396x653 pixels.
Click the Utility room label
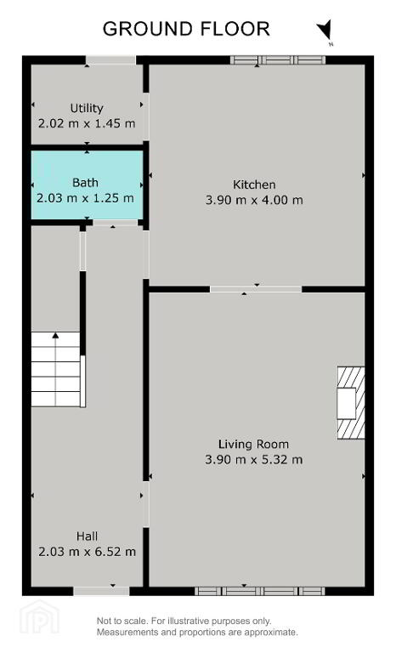87,108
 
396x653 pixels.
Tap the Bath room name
85,183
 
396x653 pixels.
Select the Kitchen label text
254,185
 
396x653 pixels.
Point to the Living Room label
253,445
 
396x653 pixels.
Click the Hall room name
87,536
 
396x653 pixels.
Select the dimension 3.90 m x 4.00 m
254,200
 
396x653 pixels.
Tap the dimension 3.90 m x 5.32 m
254,460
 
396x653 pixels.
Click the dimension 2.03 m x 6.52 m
87,552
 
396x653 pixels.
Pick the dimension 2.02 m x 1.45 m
87,123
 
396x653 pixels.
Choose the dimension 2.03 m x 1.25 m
85,198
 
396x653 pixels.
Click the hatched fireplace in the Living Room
351,403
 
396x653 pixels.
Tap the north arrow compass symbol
325,30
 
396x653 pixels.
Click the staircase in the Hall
56,369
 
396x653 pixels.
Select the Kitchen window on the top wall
278,60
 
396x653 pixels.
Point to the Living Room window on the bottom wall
260,591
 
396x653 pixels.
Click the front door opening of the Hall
102,591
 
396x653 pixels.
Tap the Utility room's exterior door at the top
110,60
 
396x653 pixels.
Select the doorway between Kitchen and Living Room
256,289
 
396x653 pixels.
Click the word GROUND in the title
148,29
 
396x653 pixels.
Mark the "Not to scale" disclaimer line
184,621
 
